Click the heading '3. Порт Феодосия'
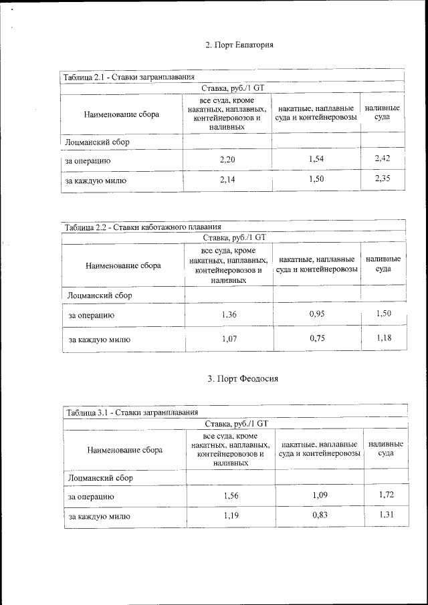click(243, 379)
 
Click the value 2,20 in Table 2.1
click(227, 160)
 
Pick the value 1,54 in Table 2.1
click(316, 158)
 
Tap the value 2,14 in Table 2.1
click(227, 180)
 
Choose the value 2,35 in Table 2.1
click(383, 178)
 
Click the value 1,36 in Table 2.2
click(229, 314)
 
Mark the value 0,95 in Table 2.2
click(318, 312)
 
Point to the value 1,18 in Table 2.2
click(384, 337)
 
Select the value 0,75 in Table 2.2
click(318, 338)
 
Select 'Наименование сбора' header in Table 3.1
click(125, 450)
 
